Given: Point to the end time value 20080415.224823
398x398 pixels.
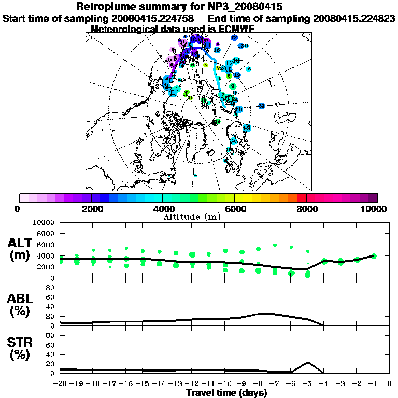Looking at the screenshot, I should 354,18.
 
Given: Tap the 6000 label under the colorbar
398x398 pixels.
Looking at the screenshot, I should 234,209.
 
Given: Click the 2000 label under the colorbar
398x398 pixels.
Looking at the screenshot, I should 91,209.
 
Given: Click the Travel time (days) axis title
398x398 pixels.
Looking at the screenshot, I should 226,393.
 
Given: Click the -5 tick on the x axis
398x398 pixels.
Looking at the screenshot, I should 308,384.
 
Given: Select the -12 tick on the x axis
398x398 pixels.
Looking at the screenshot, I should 192,384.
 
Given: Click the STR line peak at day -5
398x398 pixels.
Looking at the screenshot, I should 308,362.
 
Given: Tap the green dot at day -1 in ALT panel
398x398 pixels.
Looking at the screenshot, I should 374,255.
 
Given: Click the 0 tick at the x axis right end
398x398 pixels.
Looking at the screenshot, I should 389,384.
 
